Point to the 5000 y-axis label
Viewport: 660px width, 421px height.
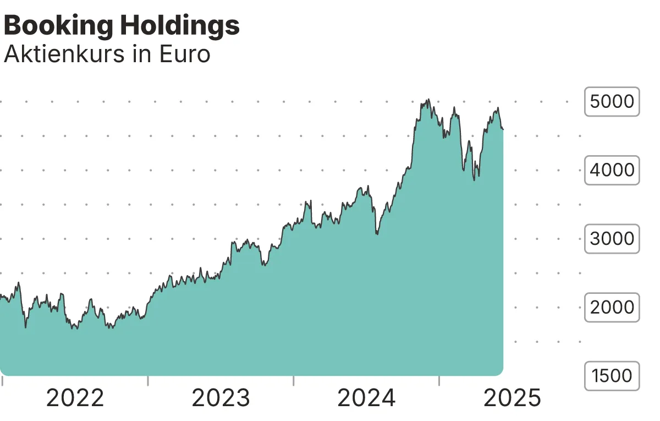coord(612,102)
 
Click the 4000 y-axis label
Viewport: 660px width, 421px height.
coord(612,170)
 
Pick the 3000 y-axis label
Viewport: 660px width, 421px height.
coord(612,239)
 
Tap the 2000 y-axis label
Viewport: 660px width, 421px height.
coord(612,307)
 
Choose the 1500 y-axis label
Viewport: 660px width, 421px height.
coord(612,376)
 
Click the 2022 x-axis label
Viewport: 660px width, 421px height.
coord(75,398)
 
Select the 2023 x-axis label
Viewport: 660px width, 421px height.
coord(221,398)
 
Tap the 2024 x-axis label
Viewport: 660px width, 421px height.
coord(366,398)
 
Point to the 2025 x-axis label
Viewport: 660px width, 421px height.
coord(512,398)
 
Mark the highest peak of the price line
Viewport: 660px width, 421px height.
coord(428,100)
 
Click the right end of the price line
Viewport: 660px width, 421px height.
coord(503,129)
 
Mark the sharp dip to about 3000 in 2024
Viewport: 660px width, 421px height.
coord(377,234)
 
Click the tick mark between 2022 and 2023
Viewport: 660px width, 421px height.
coord(148,380)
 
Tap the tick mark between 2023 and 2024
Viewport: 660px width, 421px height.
coord(294,380)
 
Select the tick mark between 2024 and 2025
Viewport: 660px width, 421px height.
coord(439,380)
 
